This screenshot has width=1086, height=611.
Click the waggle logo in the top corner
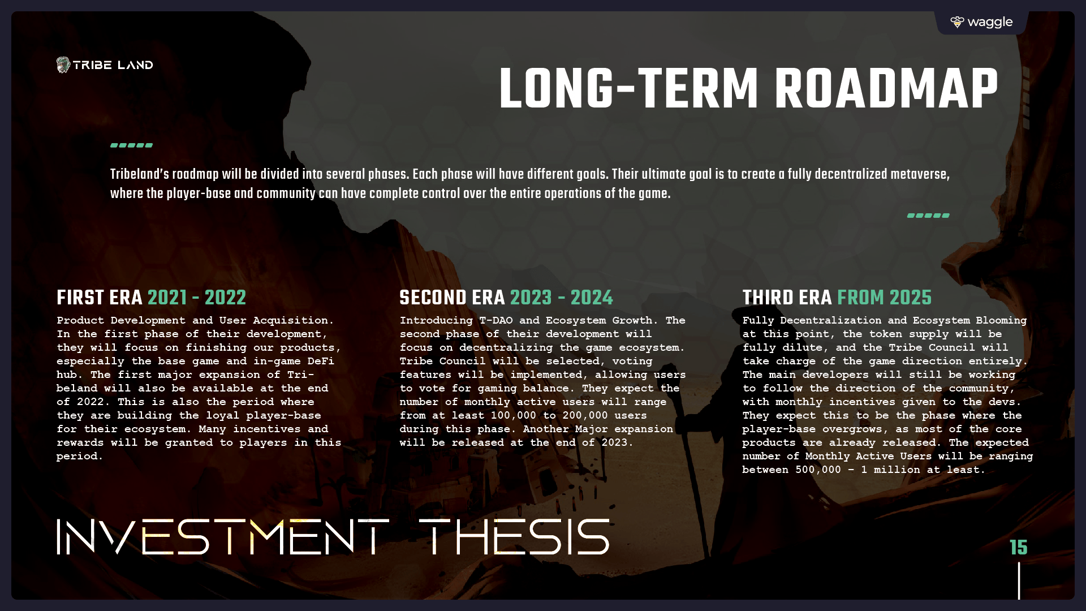coord(981,22)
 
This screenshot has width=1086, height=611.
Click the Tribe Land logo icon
coord(63,65)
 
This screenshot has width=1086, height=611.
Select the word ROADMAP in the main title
coord(886,89)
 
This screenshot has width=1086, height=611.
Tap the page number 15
coord(1019,547)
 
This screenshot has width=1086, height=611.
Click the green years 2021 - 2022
coord(197,298)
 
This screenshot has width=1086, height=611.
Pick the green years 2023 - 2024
coord(562,298)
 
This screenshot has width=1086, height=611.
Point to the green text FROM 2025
coord(884,298)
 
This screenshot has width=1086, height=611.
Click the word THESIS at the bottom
coord(514,537)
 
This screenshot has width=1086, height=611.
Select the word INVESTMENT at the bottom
coord(223,537)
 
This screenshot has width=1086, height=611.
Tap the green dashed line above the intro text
coord(131,145)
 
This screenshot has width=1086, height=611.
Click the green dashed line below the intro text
coord(928,216)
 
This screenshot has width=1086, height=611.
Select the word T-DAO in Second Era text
coord(496,320)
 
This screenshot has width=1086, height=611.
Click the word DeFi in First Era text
coord(321,361)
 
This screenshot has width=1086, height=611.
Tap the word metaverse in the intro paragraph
coord(920,174)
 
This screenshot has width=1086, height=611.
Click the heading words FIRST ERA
coord(99,298)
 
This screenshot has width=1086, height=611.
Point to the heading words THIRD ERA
coord(787,298)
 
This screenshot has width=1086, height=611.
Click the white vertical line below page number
coord(1019,580)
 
